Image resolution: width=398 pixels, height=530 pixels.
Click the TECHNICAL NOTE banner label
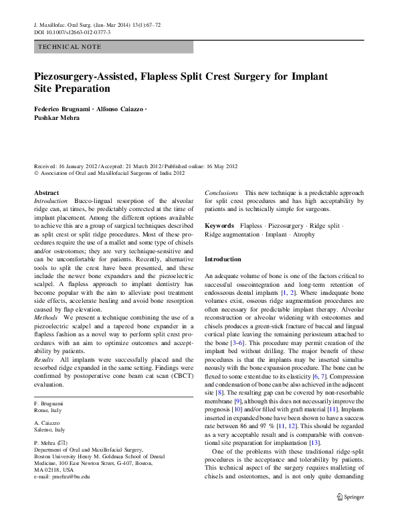tap(70, 47)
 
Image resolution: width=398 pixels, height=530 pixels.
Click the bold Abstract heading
tap(46, 192)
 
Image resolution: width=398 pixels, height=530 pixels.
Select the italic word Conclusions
tap(221, 192)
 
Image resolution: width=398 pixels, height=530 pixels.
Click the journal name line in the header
tap(96, 25)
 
